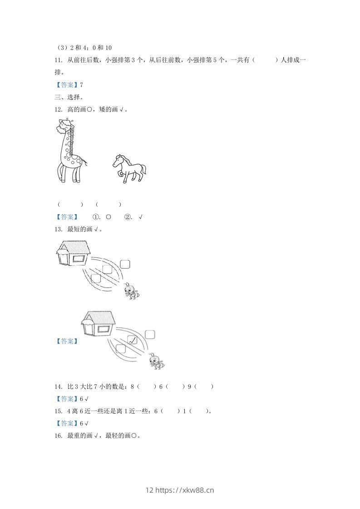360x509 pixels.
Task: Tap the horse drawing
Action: (129, 168)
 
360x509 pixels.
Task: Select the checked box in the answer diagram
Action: (132, 340)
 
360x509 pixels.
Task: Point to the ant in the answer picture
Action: (156, 361)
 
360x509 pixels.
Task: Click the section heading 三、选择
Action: (69, 97)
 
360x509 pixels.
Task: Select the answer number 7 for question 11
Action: (81, 85)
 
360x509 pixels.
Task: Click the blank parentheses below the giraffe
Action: (70, 205)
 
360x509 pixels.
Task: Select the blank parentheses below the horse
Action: (108, 205)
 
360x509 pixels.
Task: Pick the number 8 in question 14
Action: (132, 387)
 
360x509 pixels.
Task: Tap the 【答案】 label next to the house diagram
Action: (66, 341)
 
